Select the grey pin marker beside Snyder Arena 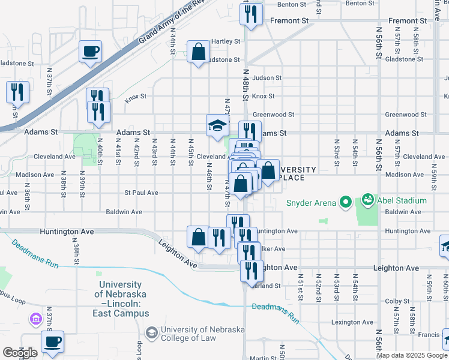pyautogui.click(x=345, y=202)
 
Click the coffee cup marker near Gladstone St pyautogui.click(x=90, y=52)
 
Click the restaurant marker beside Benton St pyautogui.click(x=251, y=14)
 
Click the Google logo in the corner pyautogui.click(x=20, y=353)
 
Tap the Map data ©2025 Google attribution pyautogui.click(x=412, y=355)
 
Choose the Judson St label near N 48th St pyautogui.click(x=267, y=77)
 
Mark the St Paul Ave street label pyautogui.click(x=141, y=193)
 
